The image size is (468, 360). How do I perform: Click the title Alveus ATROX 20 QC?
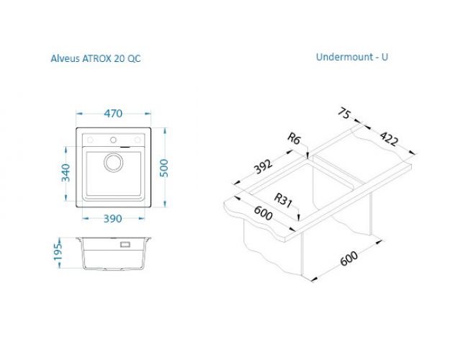[x=96, y=58]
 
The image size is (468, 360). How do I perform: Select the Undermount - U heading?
[x=352, y=57]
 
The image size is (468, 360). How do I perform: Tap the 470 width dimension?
[x=113, y=114]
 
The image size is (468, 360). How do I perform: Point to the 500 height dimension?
[x=164, y=168]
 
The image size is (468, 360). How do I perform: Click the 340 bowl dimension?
[x=66, y=173]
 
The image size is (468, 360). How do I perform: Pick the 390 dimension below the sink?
[x=113, y=219]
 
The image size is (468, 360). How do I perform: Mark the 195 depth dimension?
[x=58, y=252]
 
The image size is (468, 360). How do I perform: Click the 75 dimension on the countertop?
[x=344, y=114]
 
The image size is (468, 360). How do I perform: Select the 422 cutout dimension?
[x=389, y=138]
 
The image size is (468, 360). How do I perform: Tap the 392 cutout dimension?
[x=263, y=166]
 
